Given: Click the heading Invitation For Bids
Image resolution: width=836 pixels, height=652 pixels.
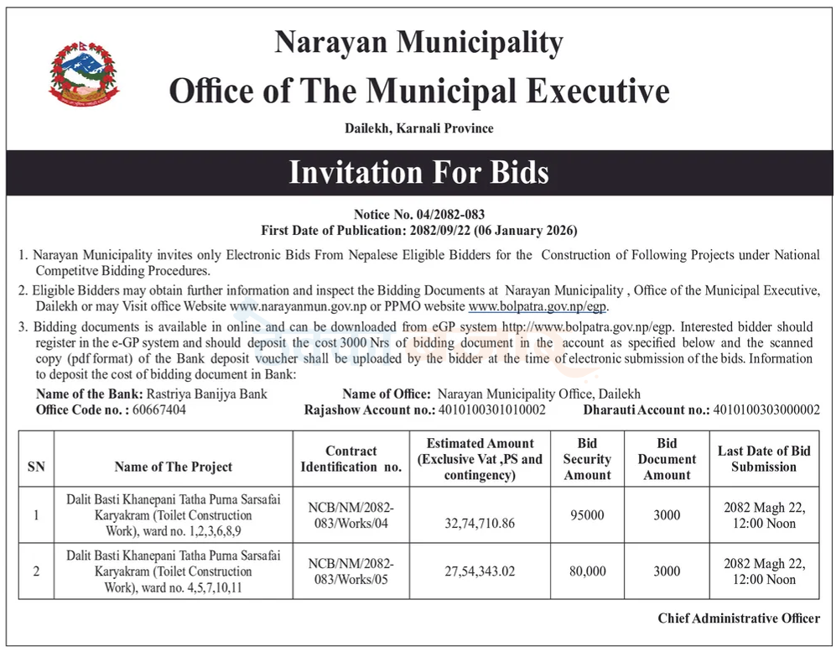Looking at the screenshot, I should [418, 172].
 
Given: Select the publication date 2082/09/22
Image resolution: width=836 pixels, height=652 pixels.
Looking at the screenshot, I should [442, 230].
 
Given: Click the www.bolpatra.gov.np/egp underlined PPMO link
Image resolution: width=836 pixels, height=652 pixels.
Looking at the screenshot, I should [537, 307].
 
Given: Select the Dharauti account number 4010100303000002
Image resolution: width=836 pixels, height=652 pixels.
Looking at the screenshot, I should [766, 409].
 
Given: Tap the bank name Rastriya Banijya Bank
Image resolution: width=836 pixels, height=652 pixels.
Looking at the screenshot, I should [207, 394].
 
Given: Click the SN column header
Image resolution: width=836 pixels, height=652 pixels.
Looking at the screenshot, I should [36, 467].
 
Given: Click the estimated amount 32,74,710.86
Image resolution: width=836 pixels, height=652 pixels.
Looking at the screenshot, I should [480, 523].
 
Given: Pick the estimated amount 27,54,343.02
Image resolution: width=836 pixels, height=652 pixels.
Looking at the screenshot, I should [480, 571].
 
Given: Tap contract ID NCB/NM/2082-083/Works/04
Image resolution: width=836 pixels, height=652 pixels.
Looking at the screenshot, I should [350, 515].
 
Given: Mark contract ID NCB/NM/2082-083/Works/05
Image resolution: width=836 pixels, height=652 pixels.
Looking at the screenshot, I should [350, 571].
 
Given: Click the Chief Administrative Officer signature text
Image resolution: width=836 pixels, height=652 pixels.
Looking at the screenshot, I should [739, 618].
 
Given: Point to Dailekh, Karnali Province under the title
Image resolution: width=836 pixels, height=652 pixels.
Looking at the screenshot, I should [418, 128].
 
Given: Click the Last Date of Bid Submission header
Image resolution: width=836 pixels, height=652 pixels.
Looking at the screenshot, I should [764, 459].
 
